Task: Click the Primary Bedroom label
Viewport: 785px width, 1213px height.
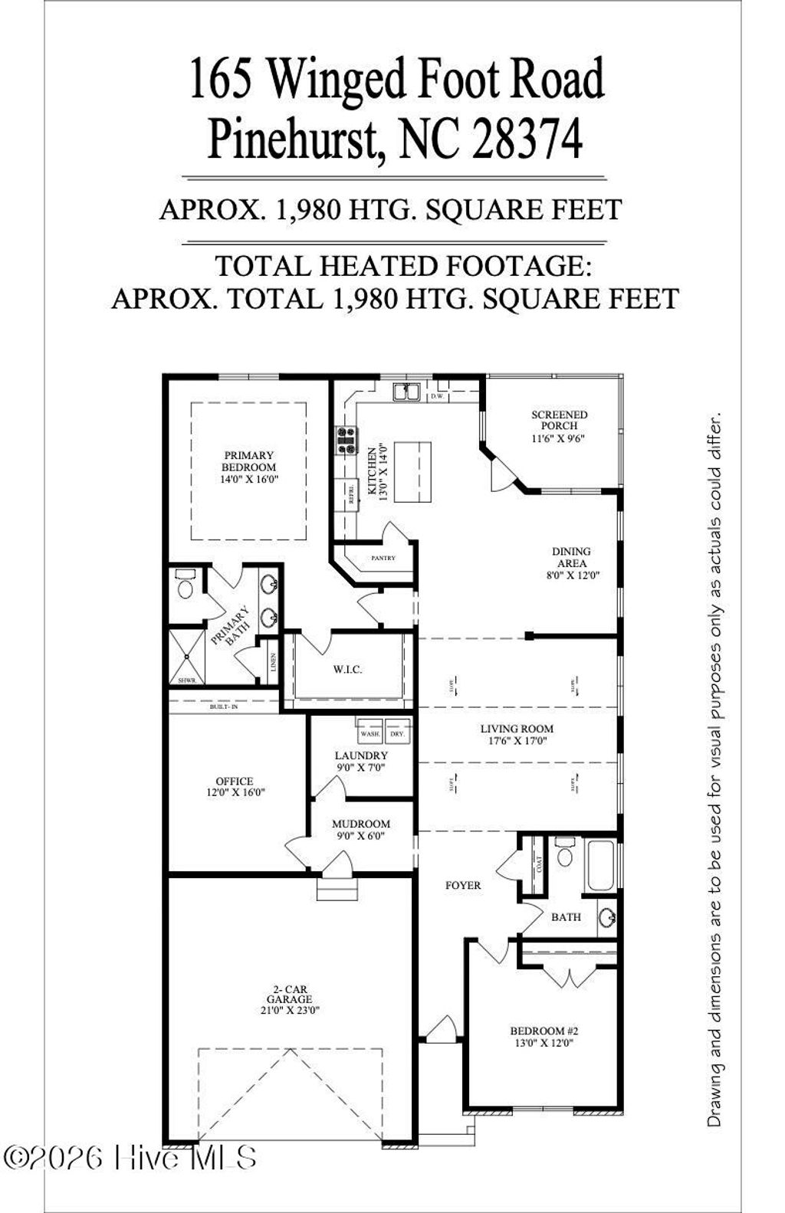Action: (248, 461)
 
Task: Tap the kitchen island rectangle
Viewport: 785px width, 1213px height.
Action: (412, 471)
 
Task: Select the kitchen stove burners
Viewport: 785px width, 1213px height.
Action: (347, 441)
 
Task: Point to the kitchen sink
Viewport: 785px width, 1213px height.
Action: (406, 392)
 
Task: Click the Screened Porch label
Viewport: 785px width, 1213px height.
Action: (560, 420)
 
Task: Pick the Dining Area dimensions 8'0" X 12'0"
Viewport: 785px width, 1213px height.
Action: (571, 575)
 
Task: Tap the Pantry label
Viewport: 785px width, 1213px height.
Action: (383, 558)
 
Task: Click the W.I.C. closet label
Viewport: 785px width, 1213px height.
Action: (347, 670)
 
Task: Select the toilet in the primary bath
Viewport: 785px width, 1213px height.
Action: (185, 585)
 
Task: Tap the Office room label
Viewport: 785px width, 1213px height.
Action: (235, 782)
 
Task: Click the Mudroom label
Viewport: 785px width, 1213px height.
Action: (360, 824)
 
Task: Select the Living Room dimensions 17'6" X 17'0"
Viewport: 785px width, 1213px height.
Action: (517, 741)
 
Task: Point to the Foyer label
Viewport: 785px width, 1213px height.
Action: (463, 885)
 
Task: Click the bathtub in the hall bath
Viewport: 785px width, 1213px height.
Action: (599, 866)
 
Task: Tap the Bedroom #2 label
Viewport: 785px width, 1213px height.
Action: (544, 1031)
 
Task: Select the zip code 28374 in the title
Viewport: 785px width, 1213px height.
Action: (527, 139)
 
